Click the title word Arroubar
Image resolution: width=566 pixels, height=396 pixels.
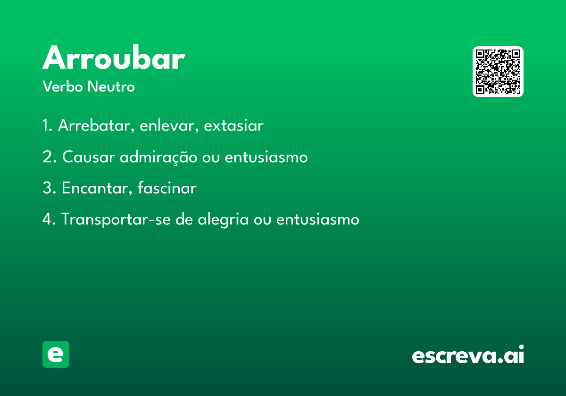click(114, 58)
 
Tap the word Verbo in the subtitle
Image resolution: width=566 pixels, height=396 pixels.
click(63, 86)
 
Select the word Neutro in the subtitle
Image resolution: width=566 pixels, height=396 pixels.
click(111, 86)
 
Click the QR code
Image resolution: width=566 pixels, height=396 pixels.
click(498, 72)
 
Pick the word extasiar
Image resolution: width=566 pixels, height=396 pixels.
click(233, 125)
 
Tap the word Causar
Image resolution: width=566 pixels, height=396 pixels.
click(89, 157)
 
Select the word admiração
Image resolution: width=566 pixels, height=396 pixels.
click(158, 157)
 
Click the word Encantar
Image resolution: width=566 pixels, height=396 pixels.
click(97, 188)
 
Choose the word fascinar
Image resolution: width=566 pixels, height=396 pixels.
click(167, 188)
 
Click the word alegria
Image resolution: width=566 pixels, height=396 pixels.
click(224, 220)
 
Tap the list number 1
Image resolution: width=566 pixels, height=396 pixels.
click(47, 125)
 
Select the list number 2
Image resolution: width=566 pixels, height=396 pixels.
click(49, 157)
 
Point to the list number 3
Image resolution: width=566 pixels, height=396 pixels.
click(49, 188)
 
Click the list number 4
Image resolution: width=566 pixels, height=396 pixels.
click(49, 219)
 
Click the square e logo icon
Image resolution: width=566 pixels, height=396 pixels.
click(56, 354)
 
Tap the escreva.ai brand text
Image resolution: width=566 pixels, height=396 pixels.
click(468, 354)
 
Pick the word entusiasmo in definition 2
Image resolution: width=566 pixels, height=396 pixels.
click(266, 157)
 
